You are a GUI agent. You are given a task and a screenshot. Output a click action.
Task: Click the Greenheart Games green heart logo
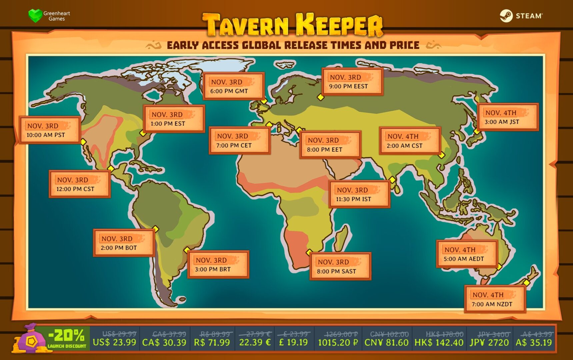click(35, 15)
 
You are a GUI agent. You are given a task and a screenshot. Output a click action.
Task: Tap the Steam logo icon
click(506, 16)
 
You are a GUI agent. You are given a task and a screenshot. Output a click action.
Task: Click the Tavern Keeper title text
click(293, 25)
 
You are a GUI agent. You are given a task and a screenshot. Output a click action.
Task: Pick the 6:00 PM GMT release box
click(233, 86)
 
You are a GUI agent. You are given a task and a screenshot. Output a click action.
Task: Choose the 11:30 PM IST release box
click(359, 194)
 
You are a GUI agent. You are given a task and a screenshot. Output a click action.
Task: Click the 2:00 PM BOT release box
click(123, 243)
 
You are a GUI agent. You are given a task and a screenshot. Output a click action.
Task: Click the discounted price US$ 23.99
click(114, 342)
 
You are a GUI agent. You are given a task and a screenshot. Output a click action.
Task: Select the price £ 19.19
click(293, 342)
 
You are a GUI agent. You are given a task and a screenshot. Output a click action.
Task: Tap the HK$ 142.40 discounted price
click(439, 342)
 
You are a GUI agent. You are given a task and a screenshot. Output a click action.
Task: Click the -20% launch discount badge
click(67, 338)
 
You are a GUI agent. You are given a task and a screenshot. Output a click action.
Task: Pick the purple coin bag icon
click(31, 340)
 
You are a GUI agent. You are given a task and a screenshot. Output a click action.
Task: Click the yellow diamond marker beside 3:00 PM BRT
click(187, 250)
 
